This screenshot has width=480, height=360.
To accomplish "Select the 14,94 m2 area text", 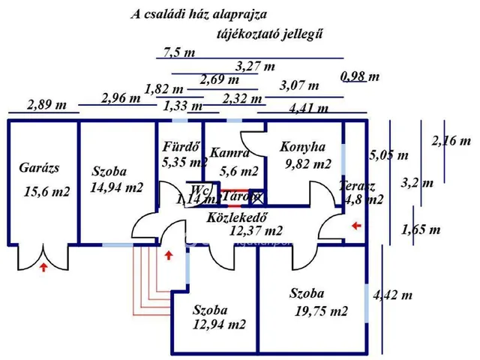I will point(116,187).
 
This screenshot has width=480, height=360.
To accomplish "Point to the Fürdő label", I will point(179,146).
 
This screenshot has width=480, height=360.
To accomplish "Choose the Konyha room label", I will point(302,147).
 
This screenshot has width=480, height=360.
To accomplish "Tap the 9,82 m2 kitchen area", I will point(308,163).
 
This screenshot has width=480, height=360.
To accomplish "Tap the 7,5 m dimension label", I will point(178,52).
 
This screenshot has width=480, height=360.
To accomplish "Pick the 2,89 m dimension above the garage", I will point(43,105).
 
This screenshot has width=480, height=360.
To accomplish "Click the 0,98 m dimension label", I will point(360,76).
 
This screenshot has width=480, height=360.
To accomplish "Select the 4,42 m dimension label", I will point(392,295).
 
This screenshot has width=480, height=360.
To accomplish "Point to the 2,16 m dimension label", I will point(451,140).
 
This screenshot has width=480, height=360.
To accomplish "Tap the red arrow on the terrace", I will point(356,224).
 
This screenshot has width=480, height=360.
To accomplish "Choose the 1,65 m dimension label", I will point(421,229).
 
